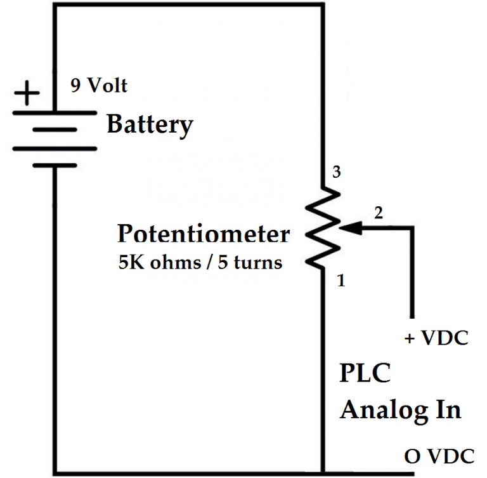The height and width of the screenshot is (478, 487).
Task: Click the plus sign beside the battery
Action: (26, 95)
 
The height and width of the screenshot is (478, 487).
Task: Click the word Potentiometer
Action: (203, 235)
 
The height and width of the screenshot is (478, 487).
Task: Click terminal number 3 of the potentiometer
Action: (337, 173)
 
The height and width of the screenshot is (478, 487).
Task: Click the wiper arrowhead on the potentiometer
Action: (346, 227)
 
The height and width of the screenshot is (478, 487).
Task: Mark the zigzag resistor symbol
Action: (323, 227)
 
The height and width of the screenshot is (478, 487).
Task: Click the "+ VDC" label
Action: (436, 338)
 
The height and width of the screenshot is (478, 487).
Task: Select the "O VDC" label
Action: (438, 456)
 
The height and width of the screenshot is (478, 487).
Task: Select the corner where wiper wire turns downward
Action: (413, 227)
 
